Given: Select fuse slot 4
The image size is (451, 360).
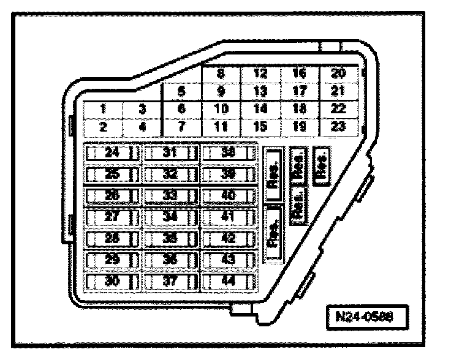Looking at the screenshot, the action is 141,128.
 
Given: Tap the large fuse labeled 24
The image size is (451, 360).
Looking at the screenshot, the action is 112,153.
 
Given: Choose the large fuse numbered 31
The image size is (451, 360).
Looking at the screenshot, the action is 170,153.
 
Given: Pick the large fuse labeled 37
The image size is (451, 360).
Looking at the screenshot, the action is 170,282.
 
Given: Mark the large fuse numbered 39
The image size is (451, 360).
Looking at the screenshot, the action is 228,174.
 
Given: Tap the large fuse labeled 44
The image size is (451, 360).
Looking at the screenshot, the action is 228,282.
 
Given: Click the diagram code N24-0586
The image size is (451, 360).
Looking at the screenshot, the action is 366,318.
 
